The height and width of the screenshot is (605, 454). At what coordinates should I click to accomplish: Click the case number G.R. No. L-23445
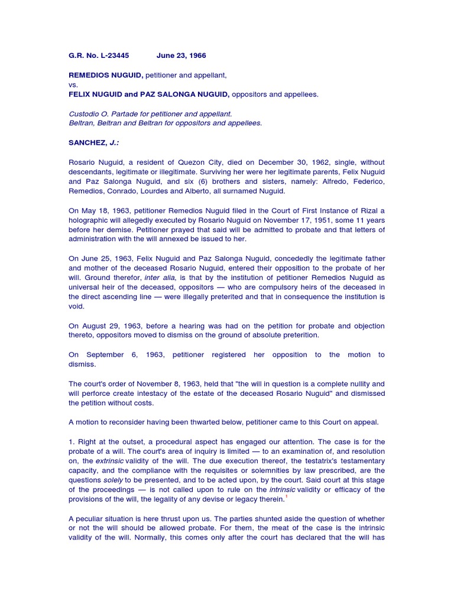point(99,56)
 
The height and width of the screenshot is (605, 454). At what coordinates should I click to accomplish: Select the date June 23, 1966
point(181,56)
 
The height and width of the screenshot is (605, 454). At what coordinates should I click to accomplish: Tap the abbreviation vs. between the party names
point(73,84)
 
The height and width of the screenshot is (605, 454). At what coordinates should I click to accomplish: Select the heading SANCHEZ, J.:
point(95,142)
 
